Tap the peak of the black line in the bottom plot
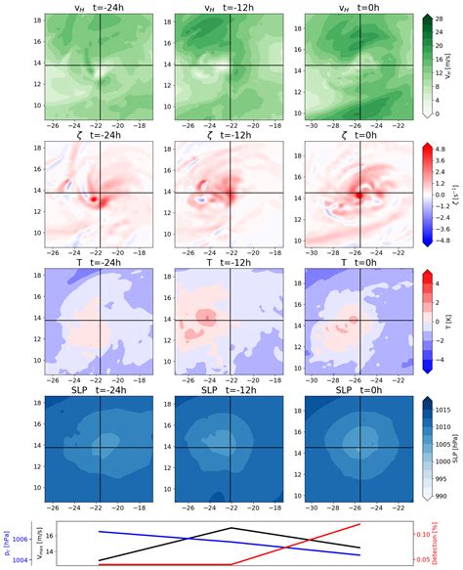[x=229, y=528]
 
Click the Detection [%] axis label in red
[x=452, y=544]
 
